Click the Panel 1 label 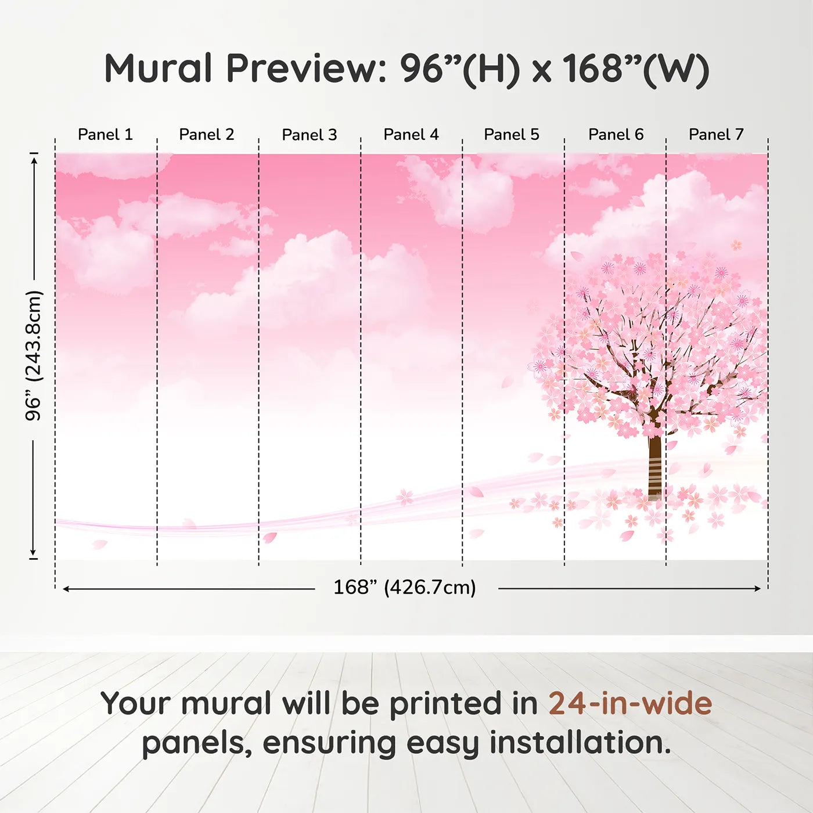coord(105,135)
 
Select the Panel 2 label coord(206,135)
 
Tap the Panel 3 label coord(309,135)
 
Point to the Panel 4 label coord(411,135)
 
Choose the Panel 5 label coord(511,135)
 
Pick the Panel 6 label coord(616,135)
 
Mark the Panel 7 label coord(715,135)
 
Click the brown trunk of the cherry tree coord(654,465)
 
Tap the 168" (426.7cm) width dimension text coord(404,588)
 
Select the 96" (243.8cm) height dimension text coord(34,355)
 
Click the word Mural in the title coord(158,69)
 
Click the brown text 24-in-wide coord(629,703)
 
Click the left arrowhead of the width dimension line coord(66,589)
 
